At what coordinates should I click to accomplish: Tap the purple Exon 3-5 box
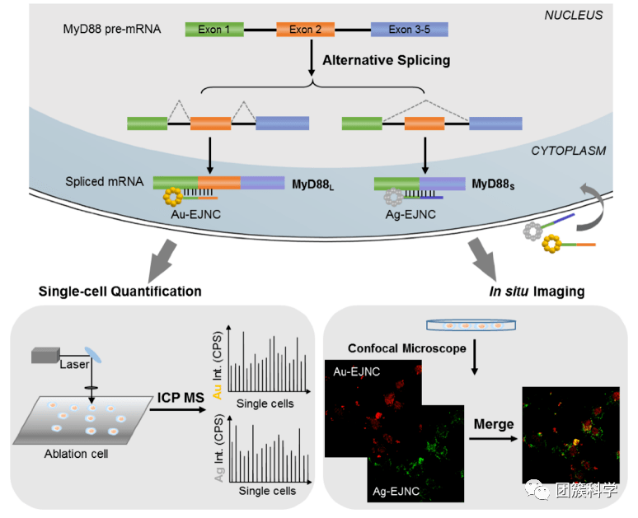[410, 30]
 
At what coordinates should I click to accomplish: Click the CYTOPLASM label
[568, 151]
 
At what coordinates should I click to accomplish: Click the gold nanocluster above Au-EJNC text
[175, 198]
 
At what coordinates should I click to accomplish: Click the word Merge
[494, 424]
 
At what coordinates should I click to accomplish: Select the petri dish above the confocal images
[472, 326]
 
